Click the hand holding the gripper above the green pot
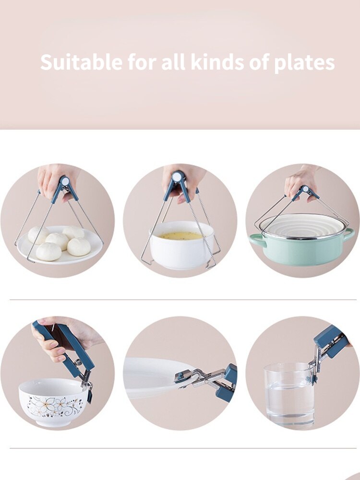click(x=300, y=180)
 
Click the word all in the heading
click(x=173, y=63)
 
